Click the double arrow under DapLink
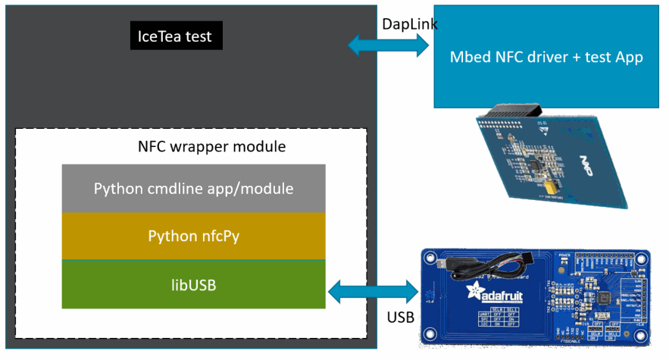(389, 46)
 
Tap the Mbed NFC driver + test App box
(546, 58)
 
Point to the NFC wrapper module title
(211, 146)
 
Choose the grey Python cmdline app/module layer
(193, 188)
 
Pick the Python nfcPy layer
(193, 236)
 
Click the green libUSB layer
(193, 283)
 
